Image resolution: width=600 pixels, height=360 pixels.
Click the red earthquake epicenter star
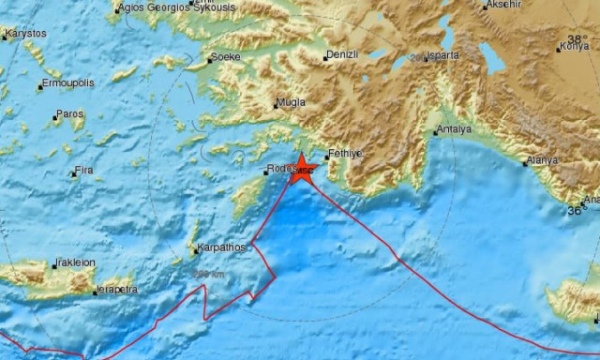point(302,167)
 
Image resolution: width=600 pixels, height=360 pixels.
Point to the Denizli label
point(343,56)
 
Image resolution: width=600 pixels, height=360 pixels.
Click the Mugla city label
point(291,103)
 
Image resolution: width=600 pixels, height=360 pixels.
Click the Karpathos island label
point(221,248)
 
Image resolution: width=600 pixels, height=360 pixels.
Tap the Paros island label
point(70,114)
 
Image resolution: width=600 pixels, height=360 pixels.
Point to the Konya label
point(574,45)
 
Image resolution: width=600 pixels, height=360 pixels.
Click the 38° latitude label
point(588,27)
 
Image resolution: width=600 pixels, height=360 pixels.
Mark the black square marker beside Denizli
point(326,57)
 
